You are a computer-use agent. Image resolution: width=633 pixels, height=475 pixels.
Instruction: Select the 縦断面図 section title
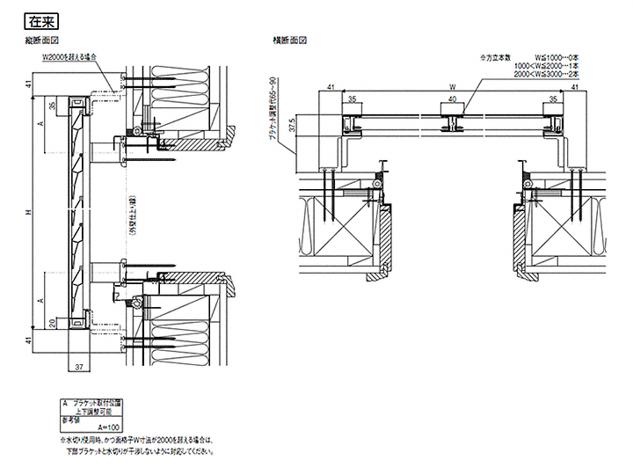[42, 41]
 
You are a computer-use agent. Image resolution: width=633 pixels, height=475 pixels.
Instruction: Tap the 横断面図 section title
[288, 41]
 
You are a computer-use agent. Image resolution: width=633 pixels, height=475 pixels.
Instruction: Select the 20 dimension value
[54, 324]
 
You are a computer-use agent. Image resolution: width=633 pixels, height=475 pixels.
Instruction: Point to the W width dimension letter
[451, 87]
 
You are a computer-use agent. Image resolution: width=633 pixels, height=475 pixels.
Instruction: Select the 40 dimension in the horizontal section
[451, 99]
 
